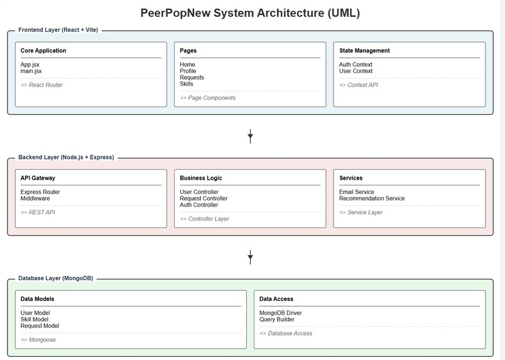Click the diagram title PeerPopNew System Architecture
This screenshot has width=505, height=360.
click(250, 13)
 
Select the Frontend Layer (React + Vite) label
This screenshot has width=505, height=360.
click(58, 30)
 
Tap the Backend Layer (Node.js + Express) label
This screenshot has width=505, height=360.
click(66, 157)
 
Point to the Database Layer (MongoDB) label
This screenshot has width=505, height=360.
click(55, 278)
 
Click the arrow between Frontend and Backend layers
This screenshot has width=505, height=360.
click(250, 136)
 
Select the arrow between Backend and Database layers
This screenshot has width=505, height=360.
click(250, 256)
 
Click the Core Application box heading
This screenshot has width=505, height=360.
click(43, 51)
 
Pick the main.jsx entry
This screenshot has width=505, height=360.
click(31, 71)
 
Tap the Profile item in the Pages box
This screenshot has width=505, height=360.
click(188, 71)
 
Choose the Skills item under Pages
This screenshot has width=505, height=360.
click(187, 84)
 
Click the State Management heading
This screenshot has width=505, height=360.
click(364, 51)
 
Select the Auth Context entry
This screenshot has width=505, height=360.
click(356, 65)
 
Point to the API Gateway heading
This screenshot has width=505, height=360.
click(38, 178)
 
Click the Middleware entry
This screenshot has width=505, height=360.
click(35, 199)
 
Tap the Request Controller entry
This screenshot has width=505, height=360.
click(204, 199)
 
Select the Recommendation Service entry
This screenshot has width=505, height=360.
click(372, 199)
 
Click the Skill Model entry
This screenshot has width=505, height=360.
click(35, 319)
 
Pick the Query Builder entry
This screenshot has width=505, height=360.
click(277, 319)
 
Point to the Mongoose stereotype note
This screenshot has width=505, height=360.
click(38, 340)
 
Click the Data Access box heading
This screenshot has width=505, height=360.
click(276, 299)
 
